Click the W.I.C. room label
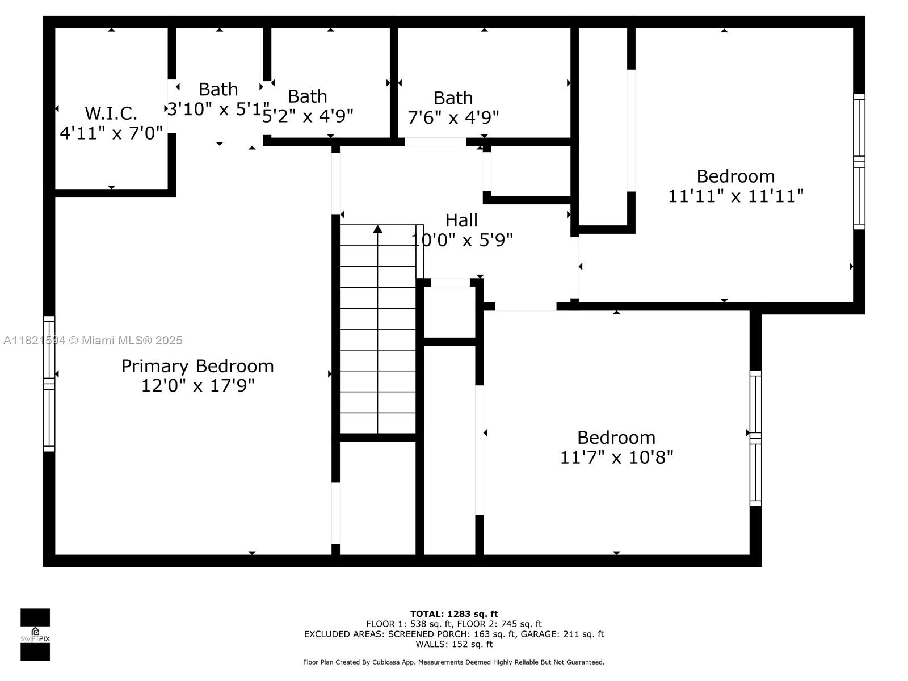111,113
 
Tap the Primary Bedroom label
197,366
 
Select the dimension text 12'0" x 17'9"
197,385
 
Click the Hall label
461,220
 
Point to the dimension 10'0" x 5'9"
461,240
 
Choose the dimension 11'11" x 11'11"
735,196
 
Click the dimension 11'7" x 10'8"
616,457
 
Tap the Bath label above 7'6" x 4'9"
453,98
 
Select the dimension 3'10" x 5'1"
218,109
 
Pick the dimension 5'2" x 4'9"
308,116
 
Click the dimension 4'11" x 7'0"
111,133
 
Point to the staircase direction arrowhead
377,229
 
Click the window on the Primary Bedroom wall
49,384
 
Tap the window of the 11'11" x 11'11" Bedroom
859,162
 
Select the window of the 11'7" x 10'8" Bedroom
755,438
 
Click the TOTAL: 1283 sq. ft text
454,614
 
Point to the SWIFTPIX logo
35,634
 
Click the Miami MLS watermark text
93,340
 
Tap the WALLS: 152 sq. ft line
454,644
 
